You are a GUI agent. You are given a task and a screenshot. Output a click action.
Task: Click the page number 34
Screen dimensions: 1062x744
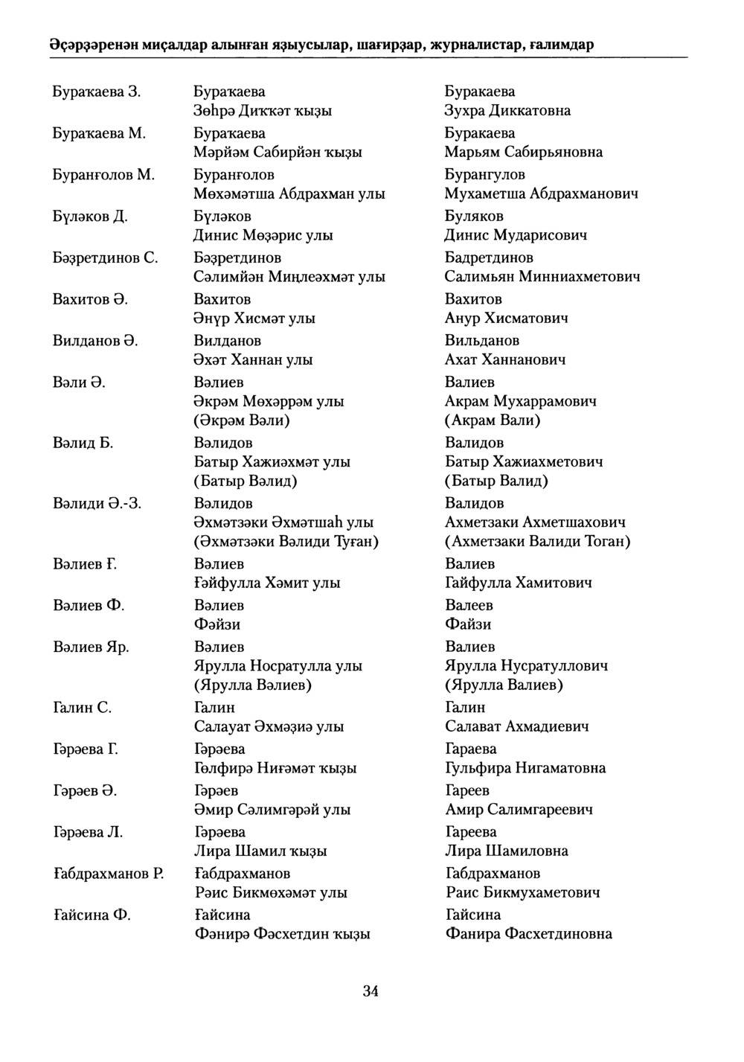point(371,991)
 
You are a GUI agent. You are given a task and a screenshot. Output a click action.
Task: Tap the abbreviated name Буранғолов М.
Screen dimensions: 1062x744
point(103,175)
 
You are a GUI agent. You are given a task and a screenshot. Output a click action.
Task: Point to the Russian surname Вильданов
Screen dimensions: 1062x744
point(482,341)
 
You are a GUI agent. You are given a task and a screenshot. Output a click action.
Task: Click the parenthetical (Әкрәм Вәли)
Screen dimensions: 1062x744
point(242,420)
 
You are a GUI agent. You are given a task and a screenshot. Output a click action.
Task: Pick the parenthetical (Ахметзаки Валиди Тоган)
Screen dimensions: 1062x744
point(537,541)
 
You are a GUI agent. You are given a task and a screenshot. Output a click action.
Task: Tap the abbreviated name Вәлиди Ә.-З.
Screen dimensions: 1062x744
point(97,504)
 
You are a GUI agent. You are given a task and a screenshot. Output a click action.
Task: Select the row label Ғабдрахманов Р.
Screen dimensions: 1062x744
point(109,874)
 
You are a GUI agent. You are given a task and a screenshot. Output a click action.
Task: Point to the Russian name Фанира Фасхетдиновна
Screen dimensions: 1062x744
point(528,934)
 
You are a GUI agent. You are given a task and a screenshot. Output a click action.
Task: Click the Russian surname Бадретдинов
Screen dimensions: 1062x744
point(489,258)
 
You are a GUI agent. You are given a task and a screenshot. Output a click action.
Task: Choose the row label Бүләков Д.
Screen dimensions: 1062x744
point(90,217)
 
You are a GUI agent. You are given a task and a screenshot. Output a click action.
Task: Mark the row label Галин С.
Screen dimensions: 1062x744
point(83,708)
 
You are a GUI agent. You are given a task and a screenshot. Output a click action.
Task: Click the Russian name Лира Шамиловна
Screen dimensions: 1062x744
point(507,851)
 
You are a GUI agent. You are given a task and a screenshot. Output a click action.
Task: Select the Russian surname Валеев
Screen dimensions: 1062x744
point(469,605)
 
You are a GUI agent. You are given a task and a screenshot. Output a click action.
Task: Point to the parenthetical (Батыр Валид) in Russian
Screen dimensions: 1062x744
point(496,481)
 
